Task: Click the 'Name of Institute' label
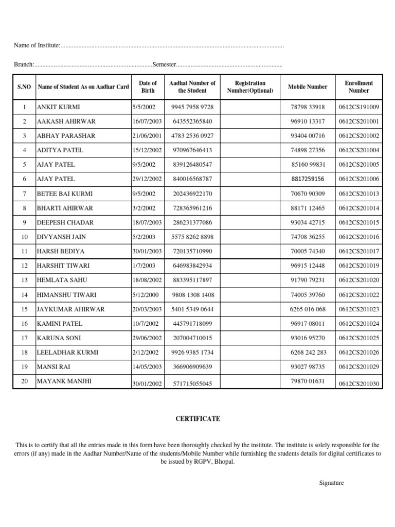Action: click(37, 46)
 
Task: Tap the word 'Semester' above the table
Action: click(164, 65)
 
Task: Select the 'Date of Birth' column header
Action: click(148, 87)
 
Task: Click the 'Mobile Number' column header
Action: click(308, 87)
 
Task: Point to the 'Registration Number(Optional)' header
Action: click(250, 87)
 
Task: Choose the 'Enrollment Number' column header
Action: click(358, 87)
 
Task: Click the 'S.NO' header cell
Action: click(24, 87)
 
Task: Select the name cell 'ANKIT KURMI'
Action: click(58, 107)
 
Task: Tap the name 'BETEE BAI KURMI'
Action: click(64, 194)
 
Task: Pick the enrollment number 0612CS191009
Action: click(358, 107)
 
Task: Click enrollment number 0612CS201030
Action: click(358, 384)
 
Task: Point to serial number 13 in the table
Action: click(24, 280)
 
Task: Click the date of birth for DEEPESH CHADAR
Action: click(147, 222)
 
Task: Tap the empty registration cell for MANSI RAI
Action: click(250, 367)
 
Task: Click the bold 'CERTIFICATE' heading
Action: click(197, 419)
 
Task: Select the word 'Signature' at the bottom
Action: click(332, 483)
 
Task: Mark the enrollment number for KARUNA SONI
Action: click(358, 338)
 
